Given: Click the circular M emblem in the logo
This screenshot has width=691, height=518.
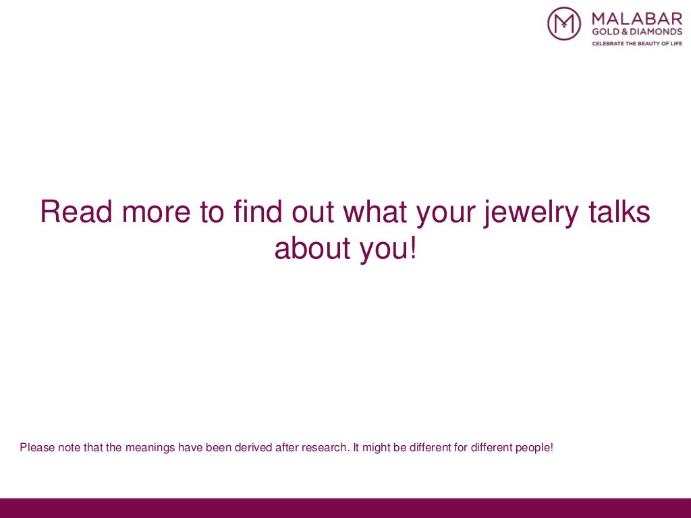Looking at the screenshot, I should pyautogui.click(x=564, y=24).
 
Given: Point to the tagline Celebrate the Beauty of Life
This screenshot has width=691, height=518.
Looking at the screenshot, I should pyautogui.click(x=637, y=43).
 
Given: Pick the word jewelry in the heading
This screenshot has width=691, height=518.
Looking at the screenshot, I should pyautogui.click(x=527, y=212).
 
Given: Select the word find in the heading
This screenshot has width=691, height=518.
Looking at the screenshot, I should pyautogui.click(x=257, y=212).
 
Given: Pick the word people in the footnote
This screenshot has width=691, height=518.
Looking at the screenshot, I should pyautogui.click(x=532, y=447).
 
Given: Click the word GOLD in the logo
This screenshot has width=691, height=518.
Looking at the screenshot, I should pyautogui.click(x=605, y=31).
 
